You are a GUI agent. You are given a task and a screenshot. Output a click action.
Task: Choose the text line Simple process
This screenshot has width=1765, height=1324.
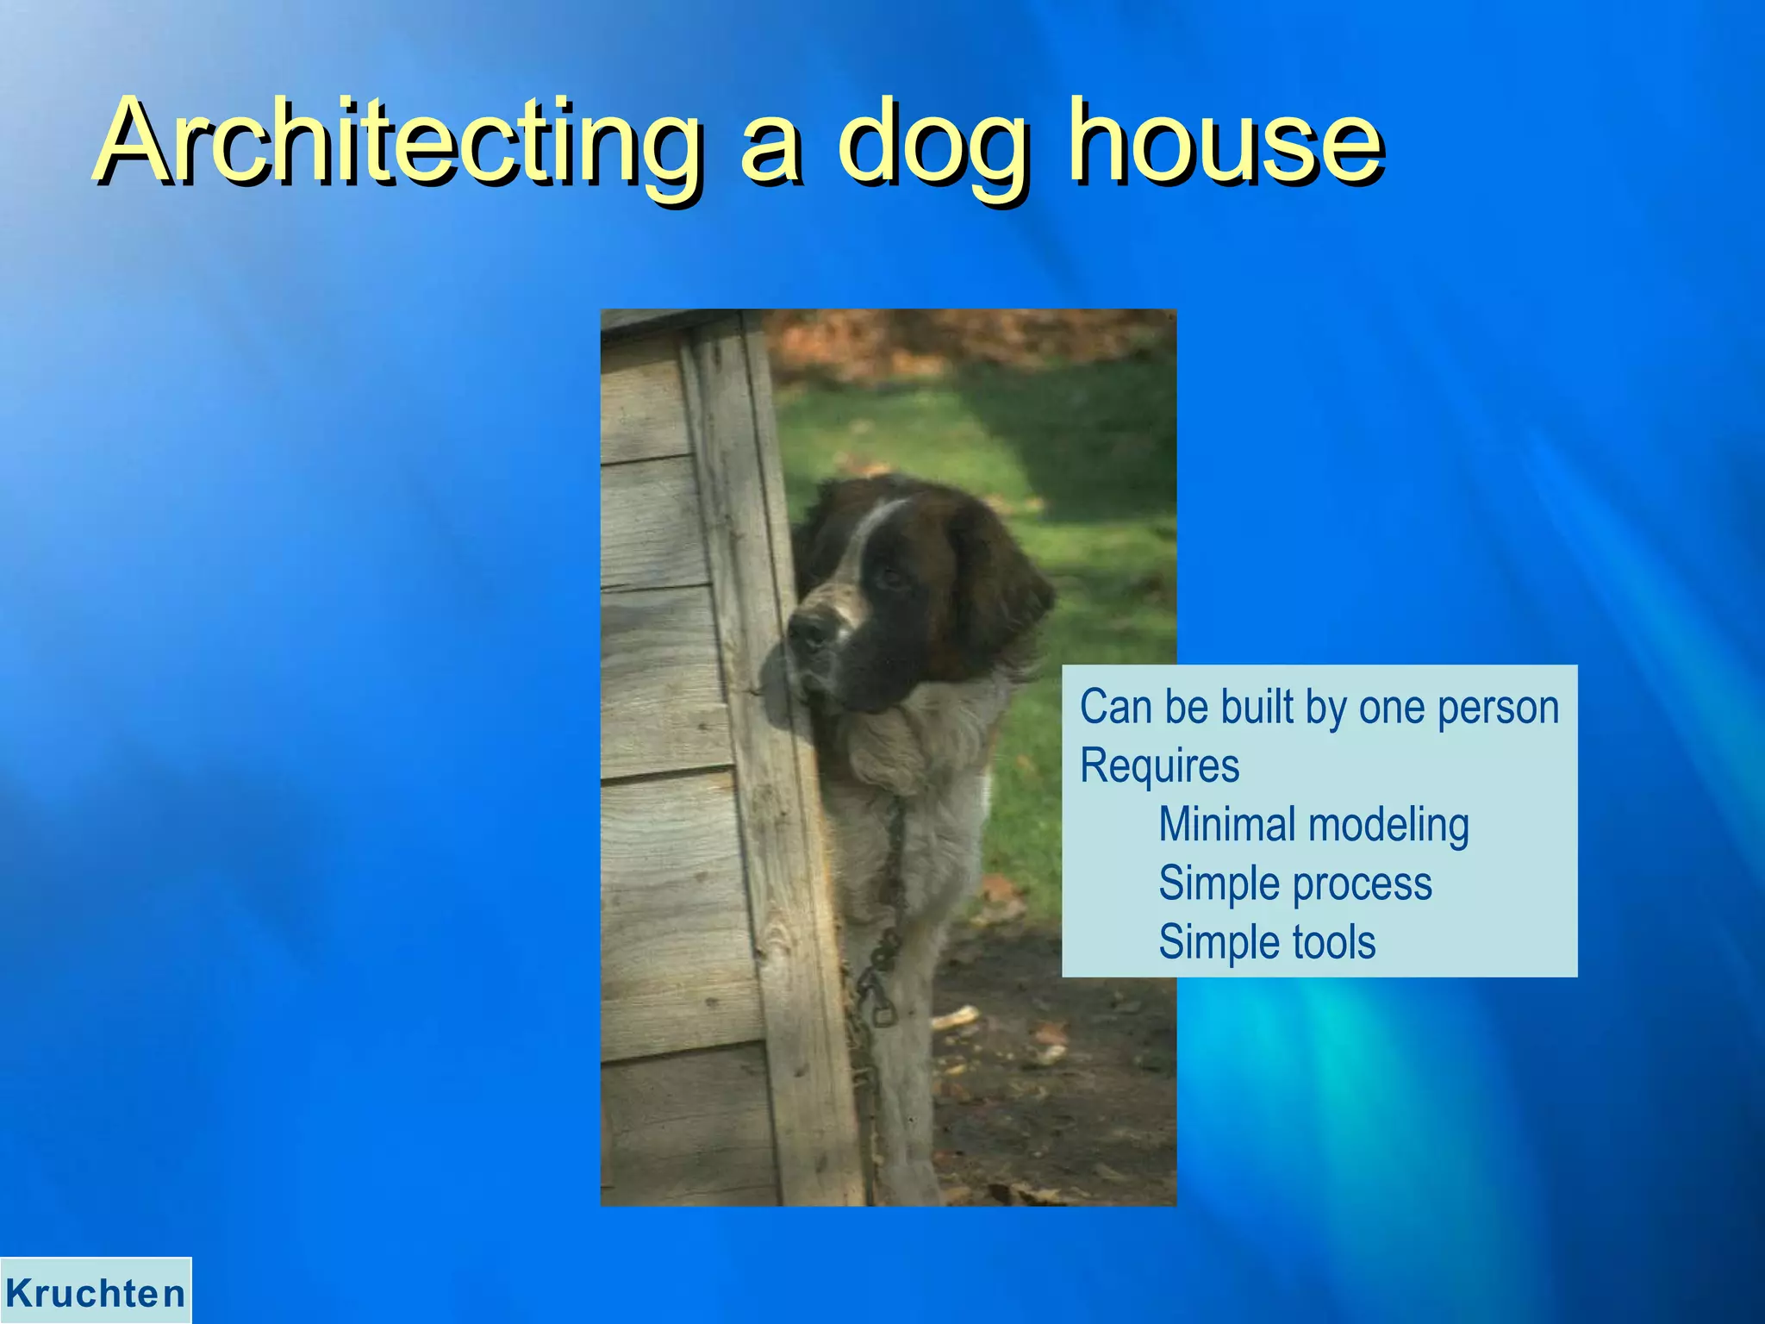point(1294,884)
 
